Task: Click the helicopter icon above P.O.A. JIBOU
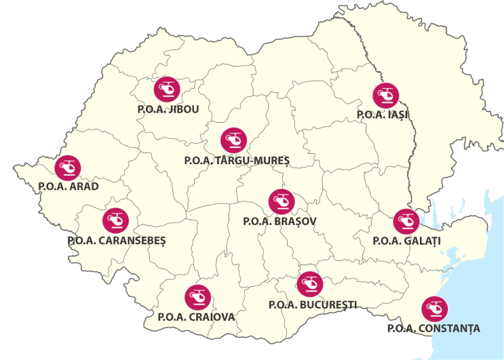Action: [166, 89]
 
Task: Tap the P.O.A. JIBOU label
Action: [168, 110]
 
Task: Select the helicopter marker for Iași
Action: [385, 95]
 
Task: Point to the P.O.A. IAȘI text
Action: [383, 115]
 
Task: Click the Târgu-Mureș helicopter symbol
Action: [234, 140]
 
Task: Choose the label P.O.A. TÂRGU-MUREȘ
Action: [237, 161]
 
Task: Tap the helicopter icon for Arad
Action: [68, 167]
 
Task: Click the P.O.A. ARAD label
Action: [69, 187]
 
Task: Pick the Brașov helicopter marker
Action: [282, 201]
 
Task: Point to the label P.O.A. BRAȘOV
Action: [279, 221]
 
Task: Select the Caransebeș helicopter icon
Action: [115, 220]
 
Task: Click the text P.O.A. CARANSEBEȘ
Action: [117, 241]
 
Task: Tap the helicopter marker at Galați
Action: [406, 221]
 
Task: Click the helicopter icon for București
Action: [310, 283]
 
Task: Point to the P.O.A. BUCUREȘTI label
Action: [313, 305]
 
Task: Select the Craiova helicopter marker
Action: [197, 297]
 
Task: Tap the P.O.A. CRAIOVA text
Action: [197, 317]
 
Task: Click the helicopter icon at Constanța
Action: [434, 309]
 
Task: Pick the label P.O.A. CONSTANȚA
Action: [433, 329]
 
